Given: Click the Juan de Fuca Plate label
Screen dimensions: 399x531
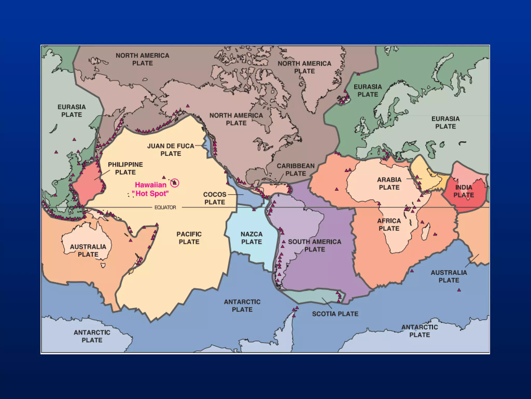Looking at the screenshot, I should [171, 150].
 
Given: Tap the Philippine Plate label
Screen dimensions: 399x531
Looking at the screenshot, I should [125, 168].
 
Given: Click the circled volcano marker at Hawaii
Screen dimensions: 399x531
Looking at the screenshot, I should [175, 183].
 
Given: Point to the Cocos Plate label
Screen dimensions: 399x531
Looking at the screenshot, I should [215, 198].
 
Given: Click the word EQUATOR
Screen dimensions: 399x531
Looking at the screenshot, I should [165, 207].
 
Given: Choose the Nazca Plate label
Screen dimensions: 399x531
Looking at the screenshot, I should [251, 238].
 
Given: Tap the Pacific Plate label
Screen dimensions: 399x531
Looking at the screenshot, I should [189, 238].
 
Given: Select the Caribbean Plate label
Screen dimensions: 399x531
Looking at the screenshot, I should [296, 170].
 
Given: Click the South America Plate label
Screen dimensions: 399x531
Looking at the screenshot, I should [315, 245].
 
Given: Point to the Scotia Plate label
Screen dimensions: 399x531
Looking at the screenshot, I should [335, 314].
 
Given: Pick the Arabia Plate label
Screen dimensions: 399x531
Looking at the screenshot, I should [389, 183].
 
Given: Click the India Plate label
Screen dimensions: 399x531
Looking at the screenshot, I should [464, 191].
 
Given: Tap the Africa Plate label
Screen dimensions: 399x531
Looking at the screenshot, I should [389, 225].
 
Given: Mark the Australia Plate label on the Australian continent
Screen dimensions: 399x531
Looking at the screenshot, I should [88, 250].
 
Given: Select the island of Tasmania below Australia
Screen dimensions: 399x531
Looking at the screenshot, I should [103, 265].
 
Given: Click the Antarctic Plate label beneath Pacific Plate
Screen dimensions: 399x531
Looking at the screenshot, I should [242, 306].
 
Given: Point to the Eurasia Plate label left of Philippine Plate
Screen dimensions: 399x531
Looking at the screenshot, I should [72, 111].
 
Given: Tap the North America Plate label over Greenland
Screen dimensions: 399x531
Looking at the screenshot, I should [304, 67].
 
